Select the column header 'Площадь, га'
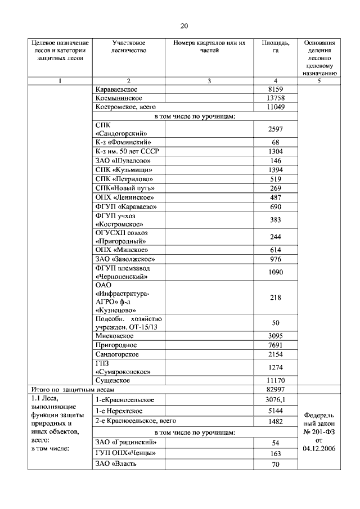click(x=276, y=47)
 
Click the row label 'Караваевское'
click(x=116, y=89)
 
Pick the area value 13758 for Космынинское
click(x=276, y=98)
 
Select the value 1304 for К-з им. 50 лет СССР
click(x=276, y=151)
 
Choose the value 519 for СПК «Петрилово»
click(x=276, y=178)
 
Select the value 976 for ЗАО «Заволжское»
click(x=276, y=259)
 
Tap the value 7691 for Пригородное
click(x=276, y=345)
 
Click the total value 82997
click(x=276, y=389)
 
